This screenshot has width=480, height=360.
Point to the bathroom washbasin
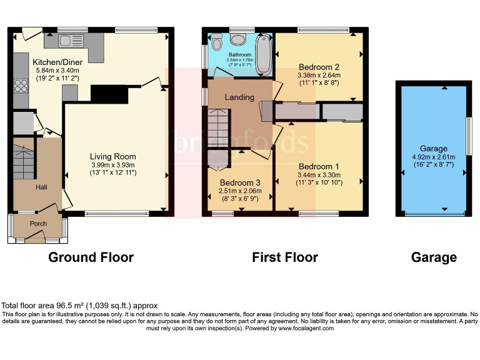pos(238,39)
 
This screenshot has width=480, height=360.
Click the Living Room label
pos(112,156)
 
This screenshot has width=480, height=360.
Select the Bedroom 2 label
pos(319,67)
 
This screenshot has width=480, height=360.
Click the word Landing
pos(239,97)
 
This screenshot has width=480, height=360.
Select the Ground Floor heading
pos(91,257)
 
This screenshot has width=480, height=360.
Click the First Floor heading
pos(285,257)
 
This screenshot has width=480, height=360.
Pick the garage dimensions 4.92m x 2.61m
pos(432,157)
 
